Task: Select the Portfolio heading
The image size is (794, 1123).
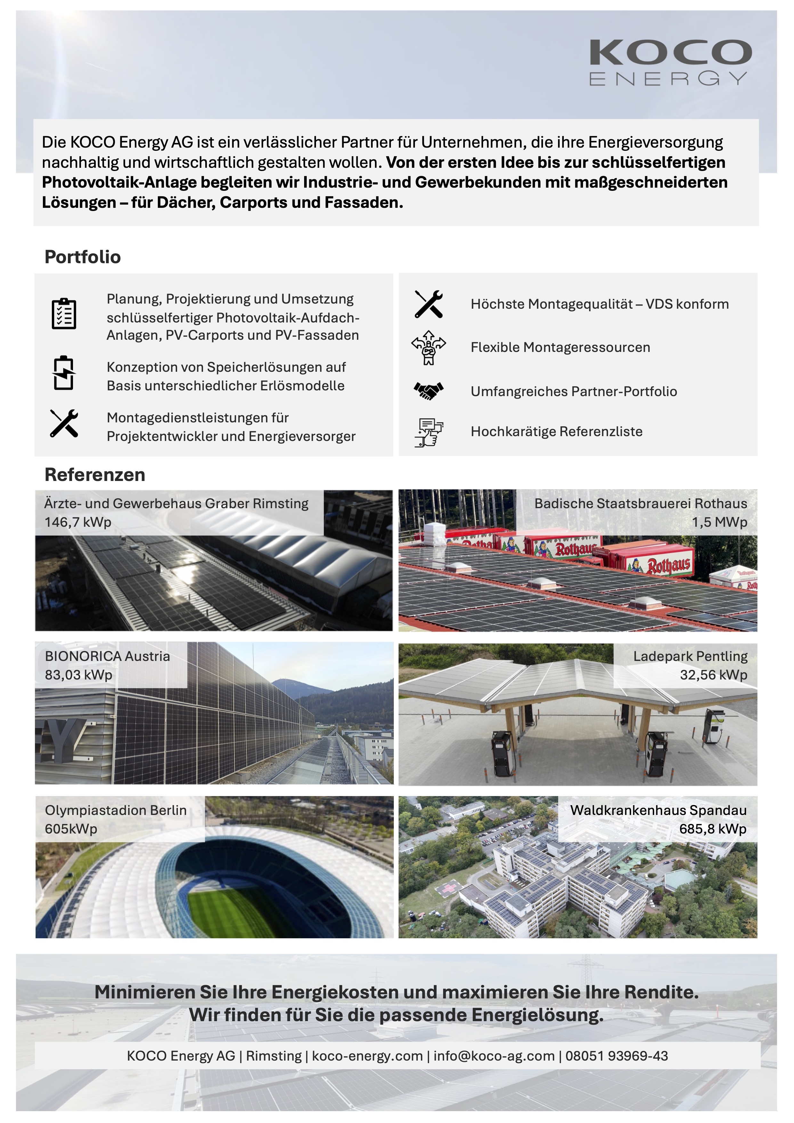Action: point(83,257)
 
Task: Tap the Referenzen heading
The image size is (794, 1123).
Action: point(95,475)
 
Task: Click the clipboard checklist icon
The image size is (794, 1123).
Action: point(64,313)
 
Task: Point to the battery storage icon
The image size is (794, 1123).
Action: point(64,373)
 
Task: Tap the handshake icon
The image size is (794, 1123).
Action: point(428,391)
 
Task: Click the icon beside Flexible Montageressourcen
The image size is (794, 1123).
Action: point(428,348)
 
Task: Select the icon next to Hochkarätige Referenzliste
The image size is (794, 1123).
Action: point(428,432)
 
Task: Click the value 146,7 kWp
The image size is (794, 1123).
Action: point(78,522)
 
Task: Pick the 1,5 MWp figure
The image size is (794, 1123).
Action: point(719,522)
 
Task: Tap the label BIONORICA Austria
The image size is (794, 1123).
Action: point(108,656)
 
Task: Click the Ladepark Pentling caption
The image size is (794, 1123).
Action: point(690,656)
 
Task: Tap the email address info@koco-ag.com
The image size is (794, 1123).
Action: point(494,1056)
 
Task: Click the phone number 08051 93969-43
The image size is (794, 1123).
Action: point(617,1056)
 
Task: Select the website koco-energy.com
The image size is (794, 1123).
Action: point(367,1056)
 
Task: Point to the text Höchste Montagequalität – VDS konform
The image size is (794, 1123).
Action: point(599,304)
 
